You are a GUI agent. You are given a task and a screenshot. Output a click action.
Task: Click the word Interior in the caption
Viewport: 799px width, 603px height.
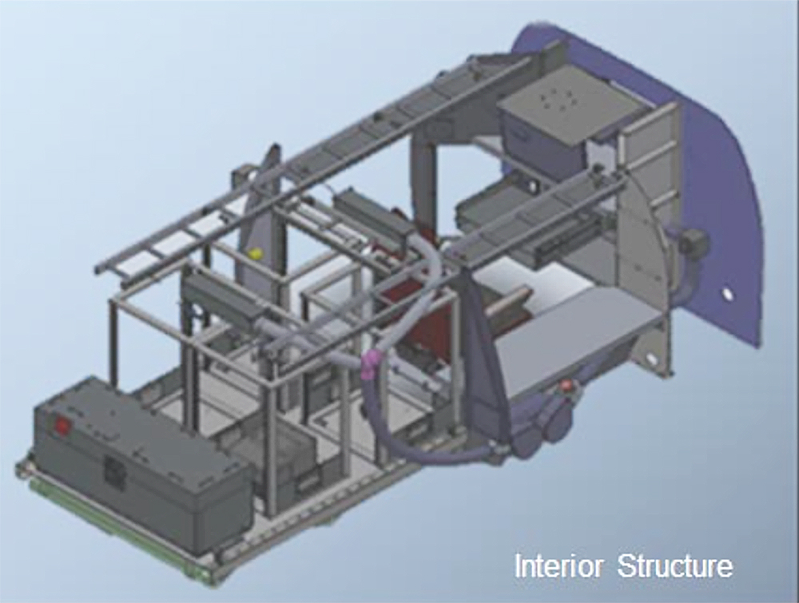point(559,565)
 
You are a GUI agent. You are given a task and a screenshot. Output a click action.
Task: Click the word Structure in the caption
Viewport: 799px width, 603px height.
point(676,565)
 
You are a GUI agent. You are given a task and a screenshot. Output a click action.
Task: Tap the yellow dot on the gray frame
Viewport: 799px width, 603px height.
point(254,252)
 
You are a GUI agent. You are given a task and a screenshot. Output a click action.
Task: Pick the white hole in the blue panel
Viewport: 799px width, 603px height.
point(727,295)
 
